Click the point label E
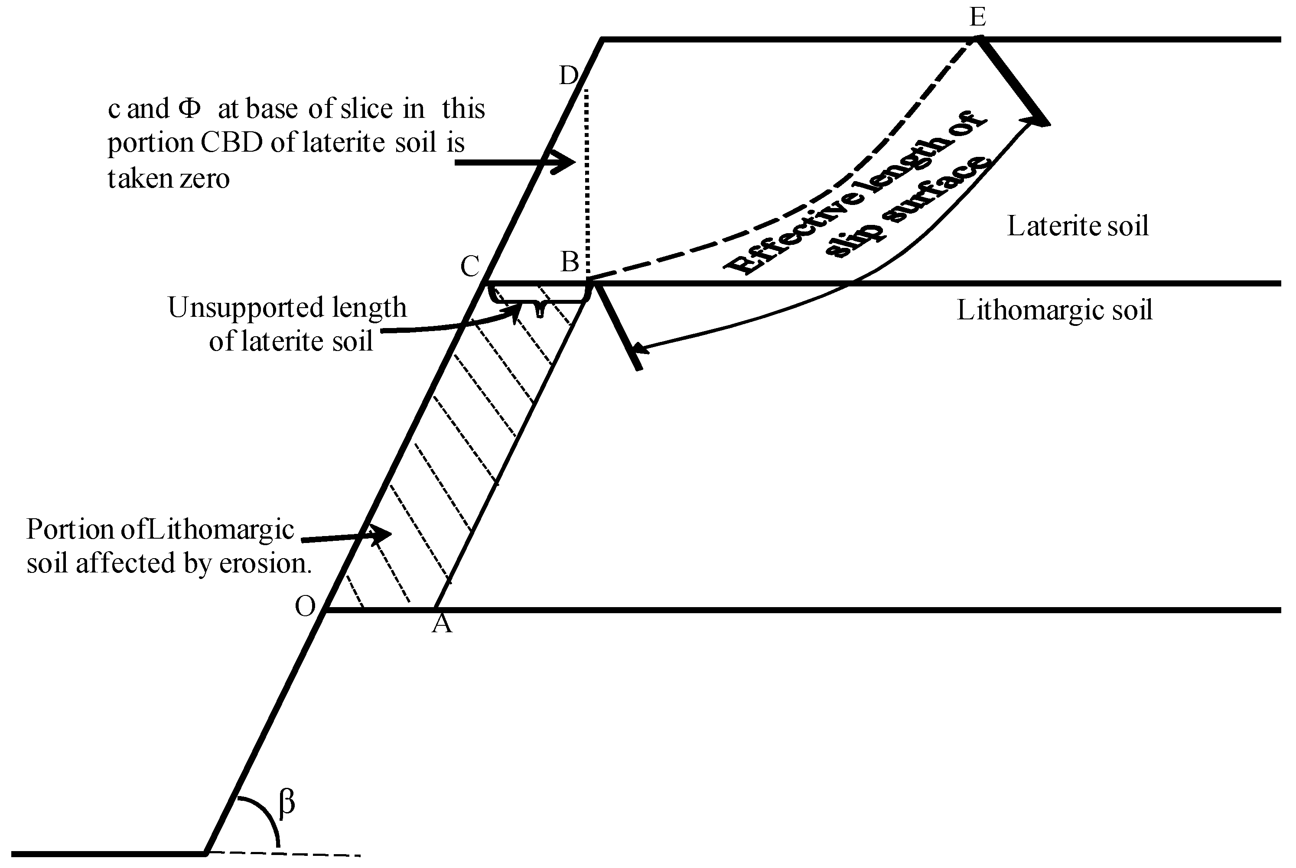[978, 18]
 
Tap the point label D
[569, 75]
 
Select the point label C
[470, 267]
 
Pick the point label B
[570, 261]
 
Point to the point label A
[442, 624]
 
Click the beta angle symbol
[287, 802]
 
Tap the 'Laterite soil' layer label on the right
[1077, 226]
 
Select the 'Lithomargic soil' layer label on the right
[1055, 310]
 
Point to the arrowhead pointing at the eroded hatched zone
[381, 534]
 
